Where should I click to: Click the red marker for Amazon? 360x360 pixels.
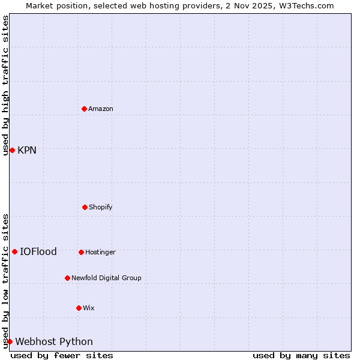(x=84, y=109)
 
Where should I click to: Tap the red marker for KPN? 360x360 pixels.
(x=12, y=150)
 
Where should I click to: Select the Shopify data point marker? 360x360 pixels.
(x=85, y=207)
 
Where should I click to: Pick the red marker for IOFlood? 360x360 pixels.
(x=14, y=251)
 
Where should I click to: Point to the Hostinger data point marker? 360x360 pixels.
(x=81, y=252)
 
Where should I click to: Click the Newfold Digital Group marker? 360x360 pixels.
(x=67, y=278)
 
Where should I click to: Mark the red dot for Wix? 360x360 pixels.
(x=79, y=308)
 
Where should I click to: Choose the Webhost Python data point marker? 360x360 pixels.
(x=10, y=341)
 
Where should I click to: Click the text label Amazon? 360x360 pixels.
(x=101, y=109)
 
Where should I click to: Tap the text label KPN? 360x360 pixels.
(x=27, y=150)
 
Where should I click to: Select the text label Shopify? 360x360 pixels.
(x=101, y=207)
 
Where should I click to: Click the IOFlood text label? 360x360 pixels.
(x=38, y=251)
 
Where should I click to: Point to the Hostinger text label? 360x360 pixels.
(x=100, y=252)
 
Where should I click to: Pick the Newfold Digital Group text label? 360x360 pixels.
(x=106, y=278)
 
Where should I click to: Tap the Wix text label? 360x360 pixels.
(x=89, y=308)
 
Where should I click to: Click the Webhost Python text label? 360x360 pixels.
(x=54, y=341)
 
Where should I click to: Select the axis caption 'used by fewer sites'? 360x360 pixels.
(x=62, y=355)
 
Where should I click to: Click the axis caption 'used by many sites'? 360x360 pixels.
(x=301, y=355)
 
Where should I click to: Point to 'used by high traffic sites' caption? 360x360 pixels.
(x=5, y=85)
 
